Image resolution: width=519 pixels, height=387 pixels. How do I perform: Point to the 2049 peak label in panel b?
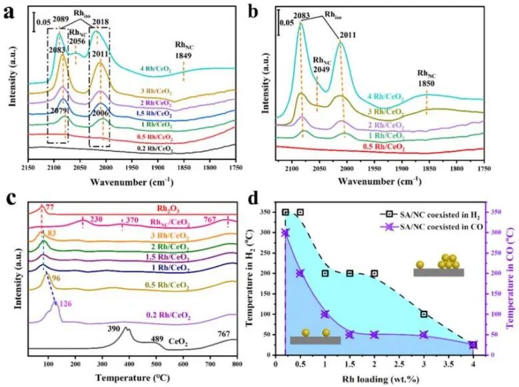[322, 68]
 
